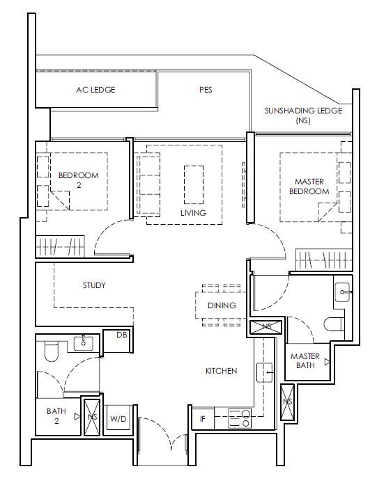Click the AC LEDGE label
pyautogui.click(x=95, y=90)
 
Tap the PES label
pyautogui.click(x=206, y=90)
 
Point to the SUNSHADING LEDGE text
pyautogui.click(x=303, y=111)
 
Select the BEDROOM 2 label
pyautogui.click(x=79, y=180)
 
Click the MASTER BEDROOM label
pyautogui.click(x=309, y=186)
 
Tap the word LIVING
pyautogui.click(x=193, y=213)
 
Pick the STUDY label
pyautogui.click(x=94, y=285)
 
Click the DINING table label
pyautogui.click(x=222, y=305)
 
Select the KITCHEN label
pyautogui.click(x=222, y=371)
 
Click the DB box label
pyautogui.click(x=121, y=335)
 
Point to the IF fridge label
pyautogui.click(x=203, y=419)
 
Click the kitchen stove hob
pyautogui.click(x=240, y=418)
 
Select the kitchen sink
pyautogui.click(x=265, y=372)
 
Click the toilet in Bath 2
pyautogui.click(x=52, y=351)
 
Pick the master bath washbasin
pyautogui.click(x=343, y=292)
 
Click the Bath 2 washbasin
pyautogui.click(x=84, y=344)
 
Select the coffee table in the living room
pyautogui.click(x=194, y=184)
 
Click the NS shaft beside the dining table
pyautogui.click(x=266, y=327)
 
